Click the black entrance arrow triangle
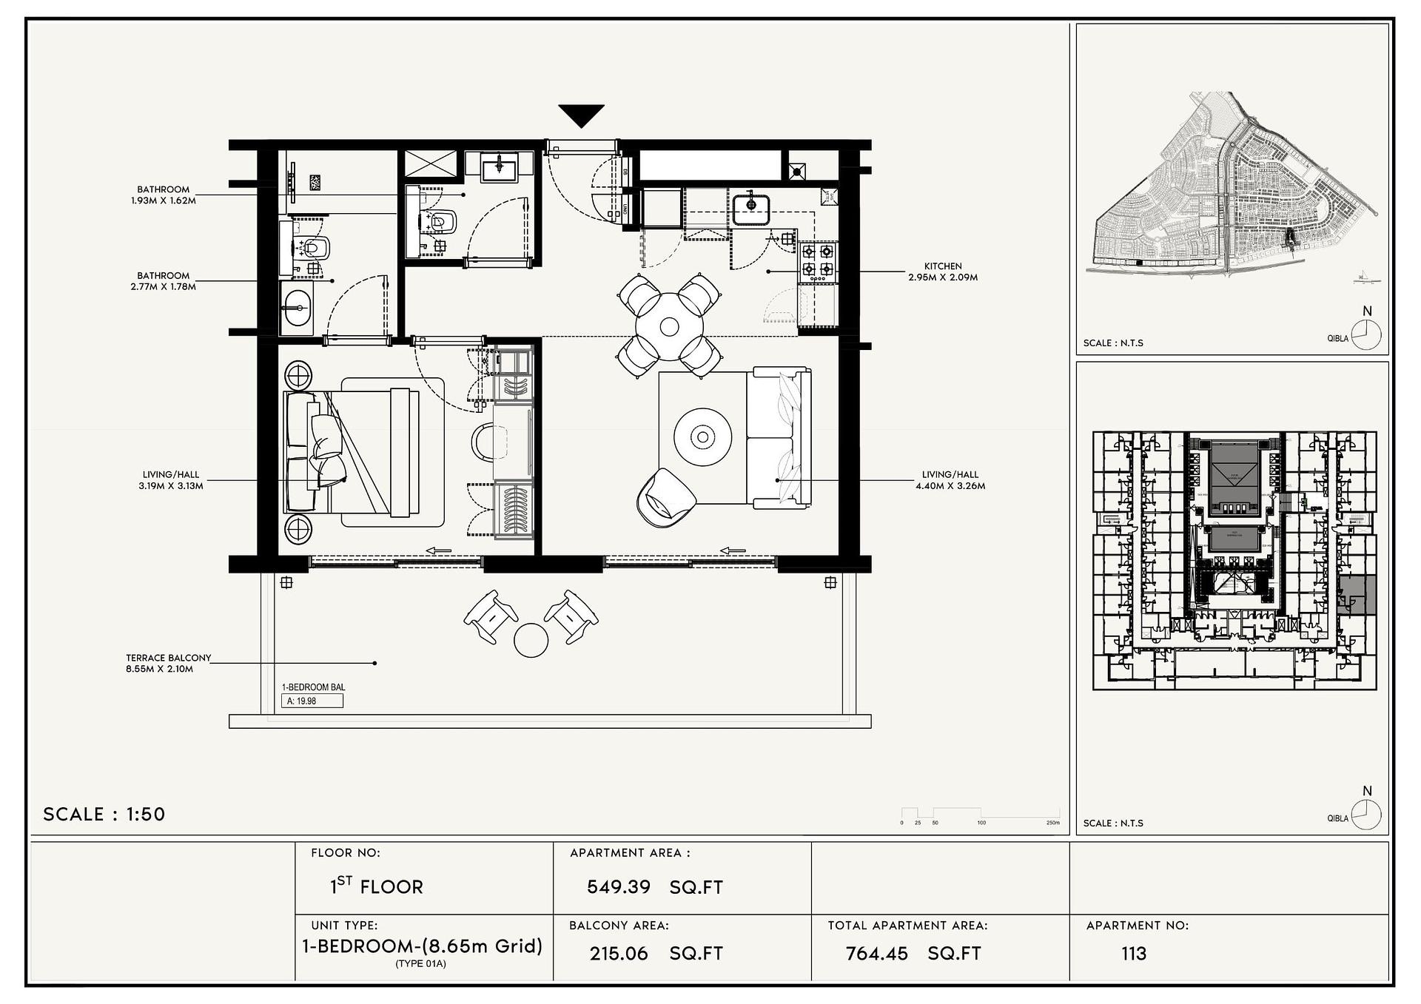(581, 115)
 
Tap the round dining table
(669, 326)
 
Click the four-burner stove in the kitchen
(818, 261)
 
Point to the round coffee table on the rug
(702, 437)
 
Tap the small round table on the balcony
(531, 640)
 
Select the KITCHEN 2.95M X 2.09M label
(943, 272)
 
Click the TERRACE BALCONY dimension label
(168, 663)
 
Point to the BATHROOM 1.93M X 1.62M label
(163, 195)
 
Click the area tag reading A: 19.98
(312, 701)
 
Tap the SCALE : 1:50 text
(104, 814)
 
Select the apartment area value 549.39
(618, 886)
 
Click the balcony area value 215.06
(619, 953)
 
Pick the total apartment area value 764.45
(876, 953)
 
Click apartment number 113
(1133, 953)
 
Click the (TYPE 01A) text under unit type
(420, 963)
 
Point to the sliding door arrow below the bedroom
(439, 550)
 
